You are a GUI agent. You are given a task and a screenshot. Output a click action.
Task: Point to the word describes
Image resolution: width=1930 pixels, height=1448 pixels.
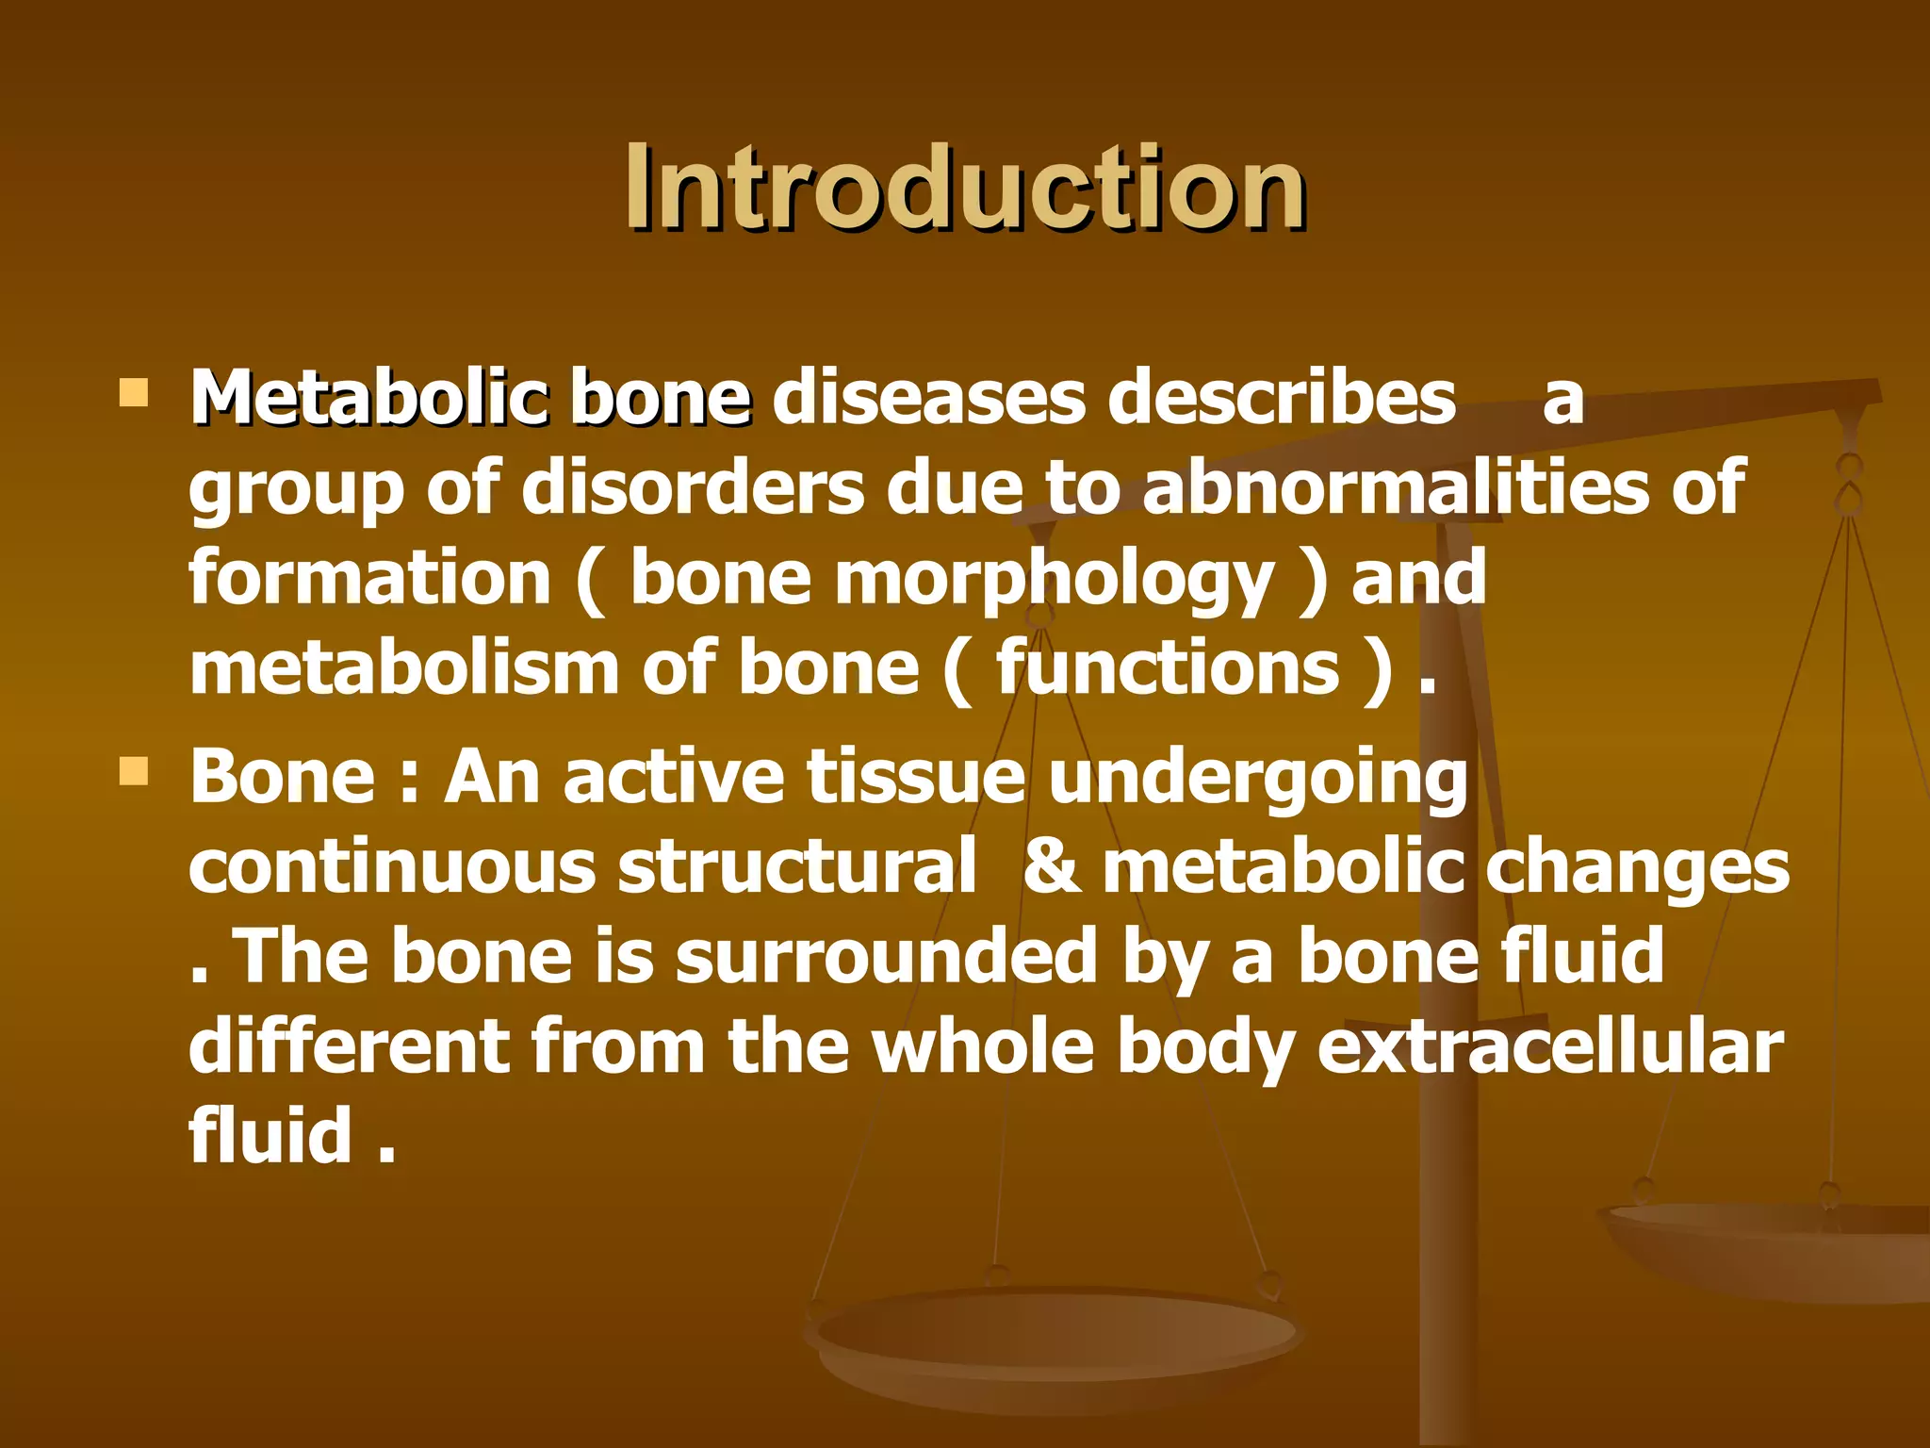pos(1282,398)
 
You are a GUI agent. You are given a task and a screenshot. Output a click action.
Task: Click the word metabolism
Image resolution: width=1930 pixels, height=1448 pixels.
pos(403,667)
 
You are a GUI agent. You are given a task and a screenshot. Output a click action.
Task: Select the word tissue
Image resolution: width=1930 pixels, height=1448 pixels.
pos(915,777)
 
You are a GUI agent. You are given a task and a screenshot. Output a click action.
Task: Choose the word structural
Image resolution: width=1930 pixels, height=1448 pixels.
pos(797,866)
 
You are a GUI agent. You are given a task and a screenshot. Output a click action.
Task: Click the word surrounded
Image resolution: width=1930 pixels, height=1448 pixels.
pos(886,956)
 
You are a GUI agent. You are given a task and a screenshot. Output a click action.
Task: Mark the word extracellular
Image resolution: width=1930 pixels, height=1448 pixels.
pos(1549,1045)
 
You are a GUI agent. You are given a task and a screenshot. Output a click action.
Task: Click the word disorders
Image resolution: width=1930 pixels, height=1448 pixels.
pos(692,487)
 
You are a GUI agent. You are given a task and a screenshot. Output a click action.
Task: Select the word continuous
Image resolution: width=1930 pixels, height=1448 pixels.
pos(392,866)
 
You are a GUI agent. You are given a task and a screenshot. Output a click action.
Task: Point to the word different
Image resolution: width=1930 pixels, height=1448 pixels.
pos(349,1045)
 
